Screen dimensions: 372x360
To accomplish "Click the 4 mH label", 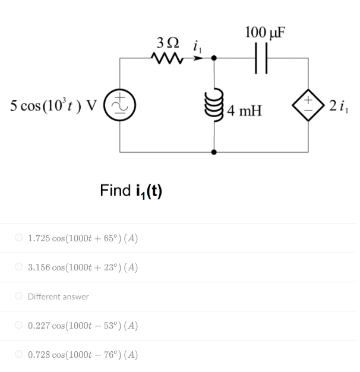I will (244, 111).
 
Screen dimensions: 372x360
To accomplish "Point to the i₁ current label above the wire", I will (198, 45).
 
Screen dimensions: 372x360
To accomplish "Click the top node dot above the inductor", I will (215, 58).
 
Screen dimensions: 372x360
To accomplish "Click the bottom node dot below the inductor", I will (215, 152).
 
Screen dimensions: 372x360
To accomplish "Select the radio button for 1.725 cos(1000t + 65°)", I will (19, 238).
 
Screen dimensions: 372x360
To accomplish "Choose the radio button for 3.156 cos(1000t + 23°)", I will (19, 267).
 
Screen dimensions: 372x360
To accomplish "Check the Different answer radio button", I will (19, 297).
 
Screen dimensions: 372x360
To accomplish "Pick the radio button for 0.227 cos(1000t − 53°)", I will (19, 326).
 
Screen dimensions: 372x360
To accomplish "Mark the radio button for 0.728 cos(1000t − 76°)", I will (19, 355).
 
